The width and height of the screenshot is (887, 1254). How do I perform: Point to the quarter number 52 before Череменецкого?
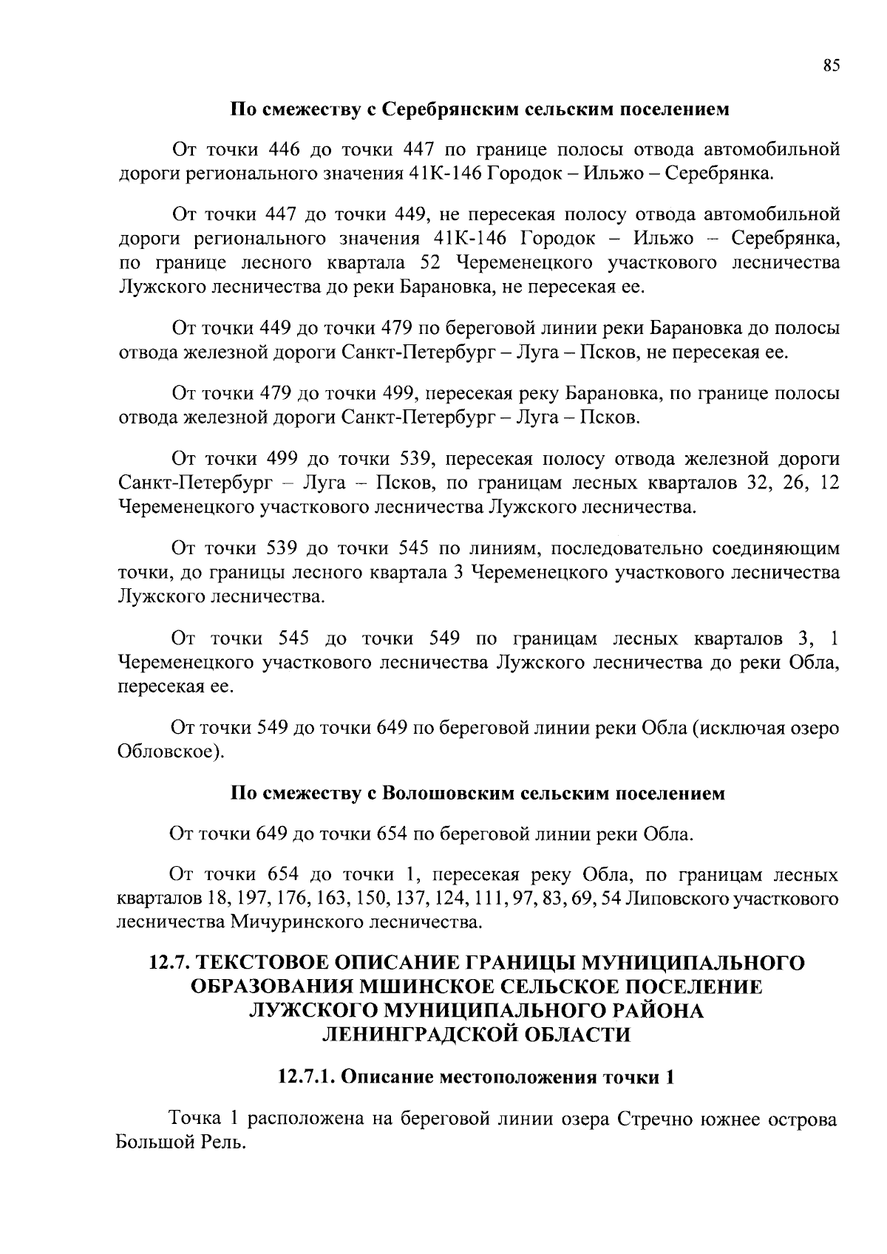[432, 263]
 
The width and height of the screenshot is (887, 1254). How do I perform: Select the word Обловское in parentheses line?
[169, 752]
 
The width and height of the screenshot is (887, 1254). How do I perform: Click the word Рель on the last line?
[221, 1142]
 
